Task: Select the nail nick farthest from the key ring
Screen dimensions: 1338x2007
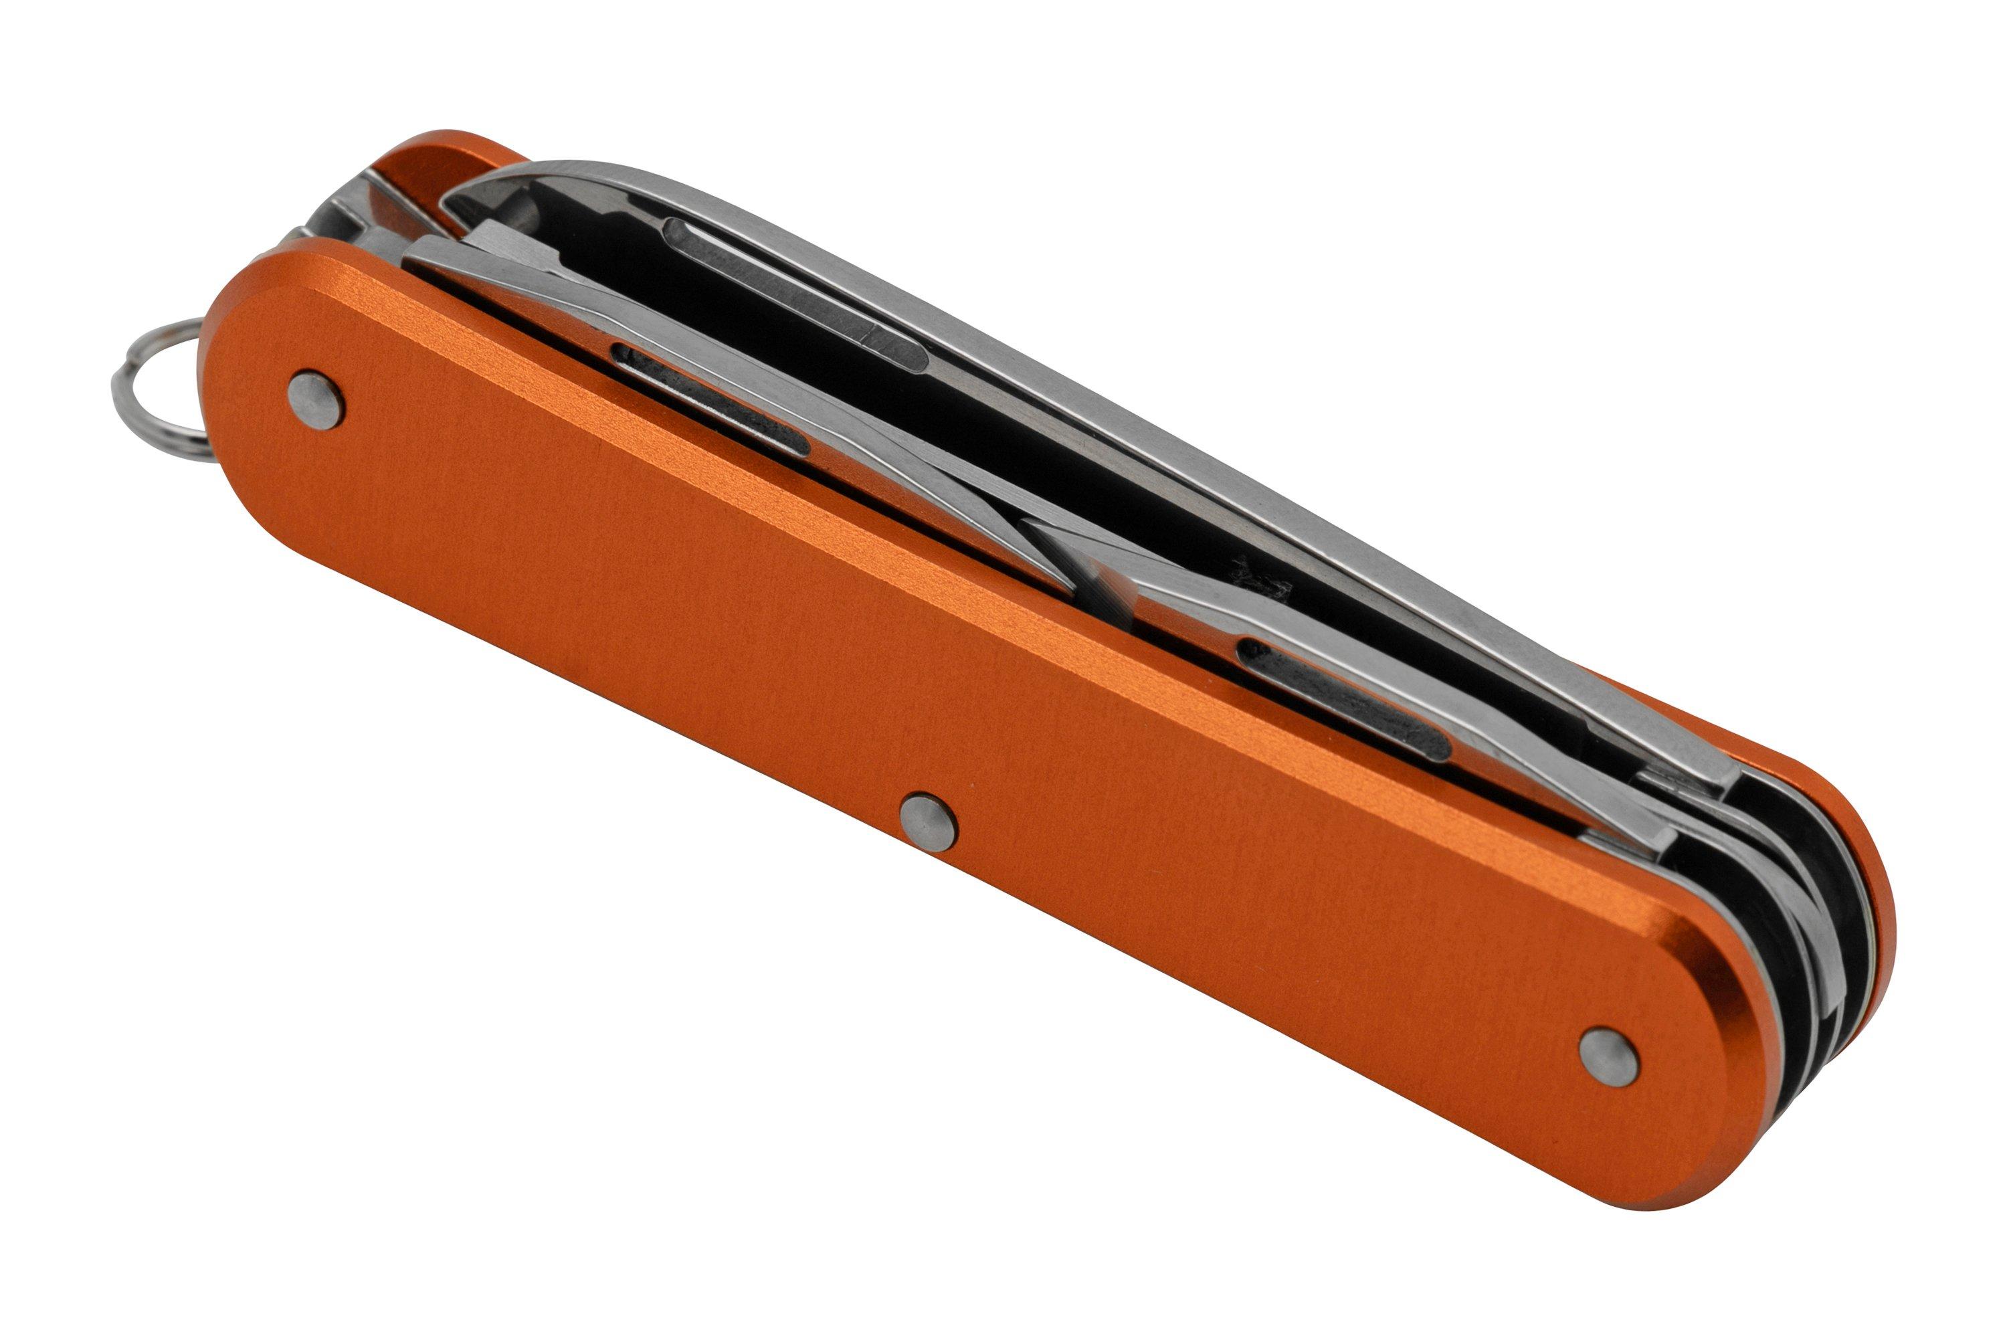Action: pyautogui.click(x=1344, y=700)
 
